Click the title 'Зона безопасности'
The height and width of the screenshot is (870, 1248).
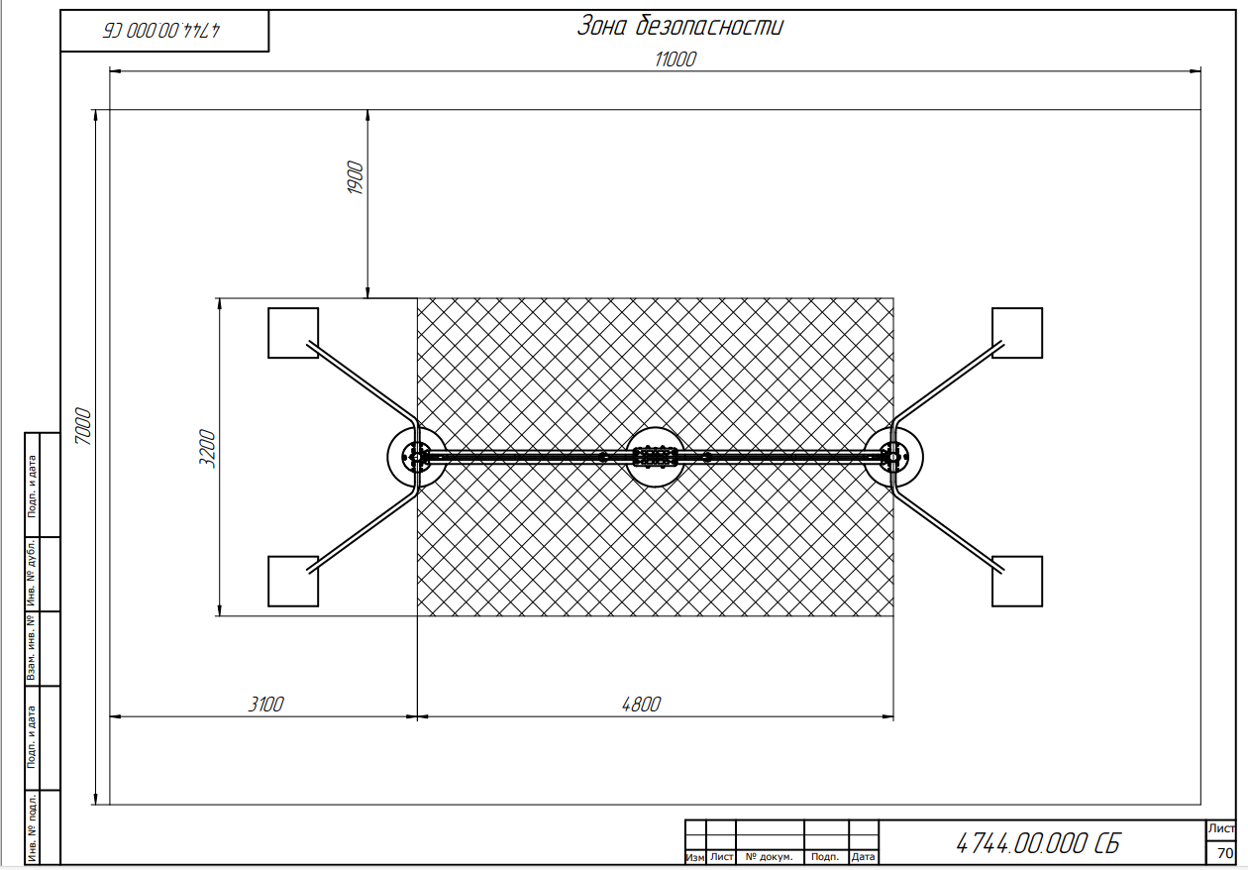click(679, 26)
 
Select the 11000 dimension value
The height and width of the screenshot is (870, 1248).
click(676, 59)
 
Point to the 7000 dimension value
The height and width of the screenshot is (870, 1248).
click(83, 426)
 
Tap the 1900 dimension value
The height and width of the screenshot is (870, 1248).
click(355, 177)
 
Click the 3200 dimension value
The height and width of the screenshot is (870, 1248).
click(207, 449)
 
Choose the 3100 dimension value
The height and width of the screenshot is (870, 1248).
click(265, 705)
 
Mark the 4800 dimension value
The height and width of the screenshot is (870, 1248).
click(641, 705)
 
